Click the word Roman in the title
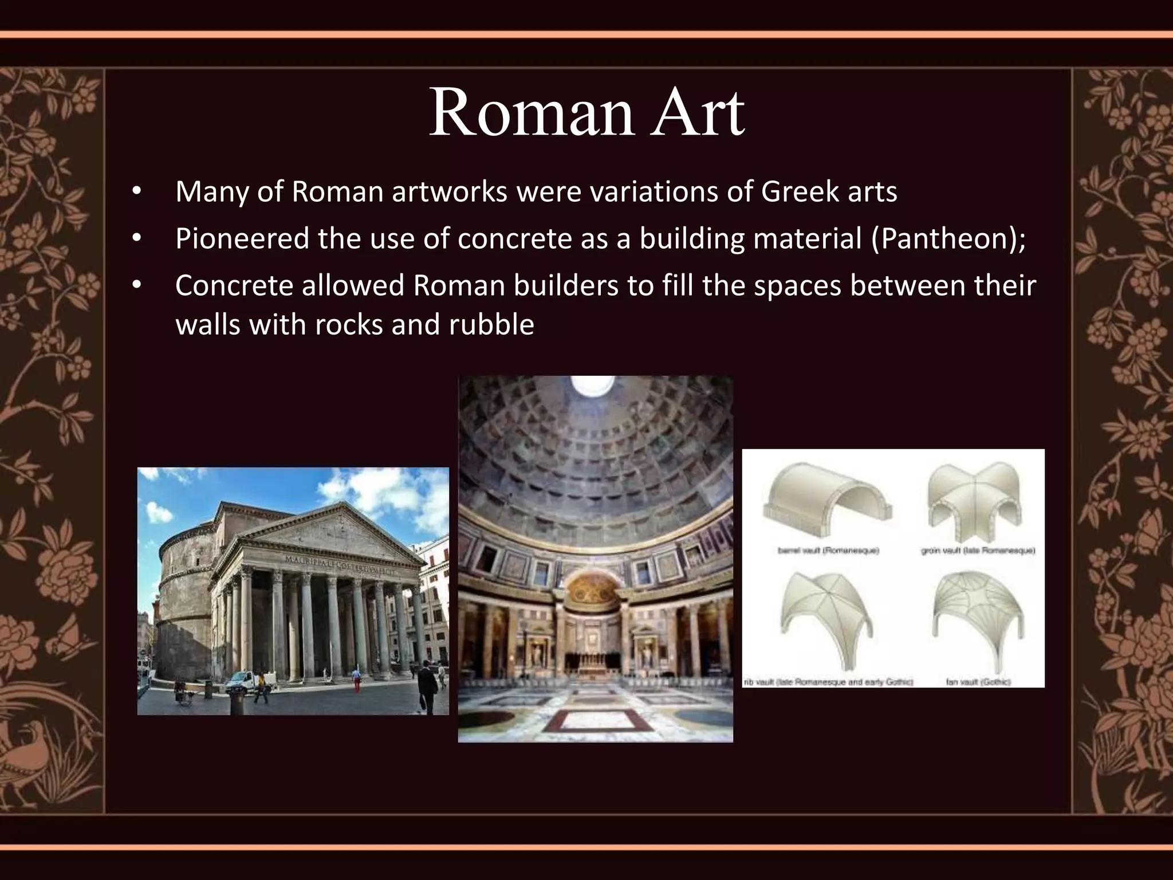(531, 113)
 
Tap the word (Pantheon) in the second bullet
(948, 238)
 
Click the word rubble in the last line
(491, 325)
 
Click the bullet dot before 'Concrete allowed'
(136, 285)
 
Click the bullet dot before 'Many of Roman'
(136, 192)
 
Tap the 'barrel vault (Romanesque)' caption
(828, 551)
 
